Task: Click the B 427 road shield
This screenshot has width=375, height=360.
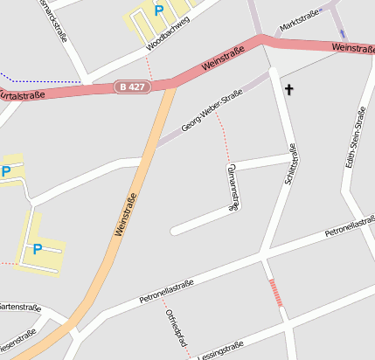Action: point(132,87)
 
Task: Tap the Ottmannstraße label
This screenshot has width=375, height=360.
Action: point(233,186)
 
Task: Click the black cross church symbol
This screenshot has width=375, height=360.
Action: point(289,89)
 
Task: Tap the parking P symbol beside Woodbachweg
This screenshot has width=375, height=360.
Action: point(158,10)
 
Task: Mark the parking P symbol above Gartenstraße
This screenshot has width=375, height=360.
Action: point(38,249)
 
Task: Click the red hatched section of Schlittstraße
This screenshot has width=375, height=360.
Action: point(276,292)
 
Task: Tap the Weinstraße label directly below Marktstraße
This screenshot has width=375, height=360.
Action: point(354,47)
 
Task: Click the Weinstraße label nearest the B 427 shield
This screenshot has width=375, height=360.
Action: point(222,59)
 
